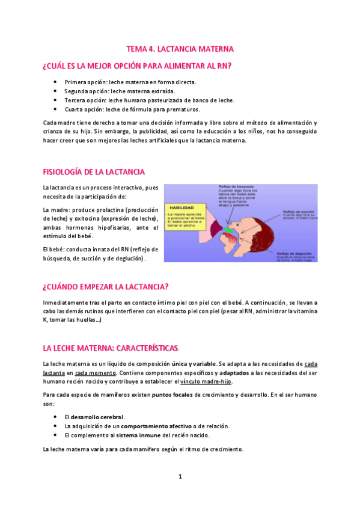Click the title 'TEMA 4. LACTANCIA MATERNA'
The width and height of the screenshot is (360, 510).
click(180, 48)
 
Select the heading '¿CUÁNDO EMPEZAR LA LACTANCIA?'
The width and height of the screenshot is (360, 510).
click(105, 286)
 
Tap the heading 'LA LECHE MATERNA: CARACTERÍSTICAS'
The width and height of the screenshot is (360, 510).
click(111, 348)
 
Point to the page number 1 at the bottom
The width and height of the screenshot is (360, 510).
click(180, 476)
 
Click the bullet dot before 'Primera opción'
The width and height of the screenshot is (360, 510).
click(55, 81)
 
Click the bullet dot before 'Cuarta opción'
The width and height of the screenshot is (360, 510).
click(55, 109)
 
